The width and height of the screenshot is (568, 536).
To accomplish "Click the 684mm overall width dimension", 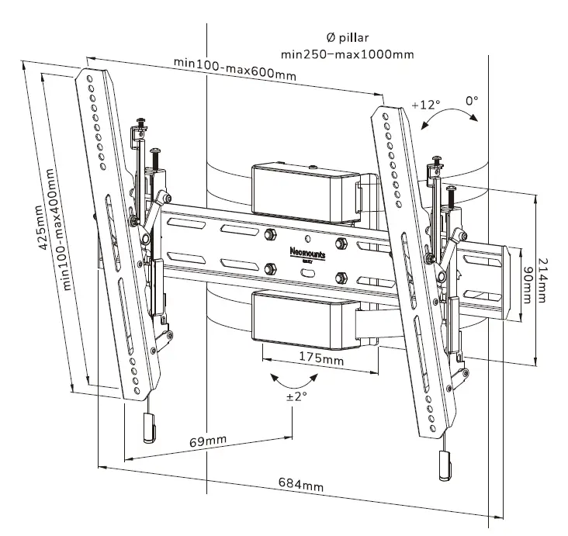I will coord(301,486).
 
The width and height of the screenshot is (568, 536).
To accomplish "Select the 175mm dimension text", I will coord(321,361).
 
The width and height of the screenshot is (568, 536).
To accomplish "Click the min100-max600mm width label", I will coord(234,68).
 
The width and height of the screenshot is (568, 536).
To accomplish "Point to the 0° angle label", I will coord(471,101).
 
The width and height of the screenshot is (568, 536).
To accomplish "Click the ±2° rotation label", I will coord(296,396).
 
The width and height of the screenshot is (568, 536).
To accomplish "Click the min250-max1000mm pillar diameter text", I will coord(347,54).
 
